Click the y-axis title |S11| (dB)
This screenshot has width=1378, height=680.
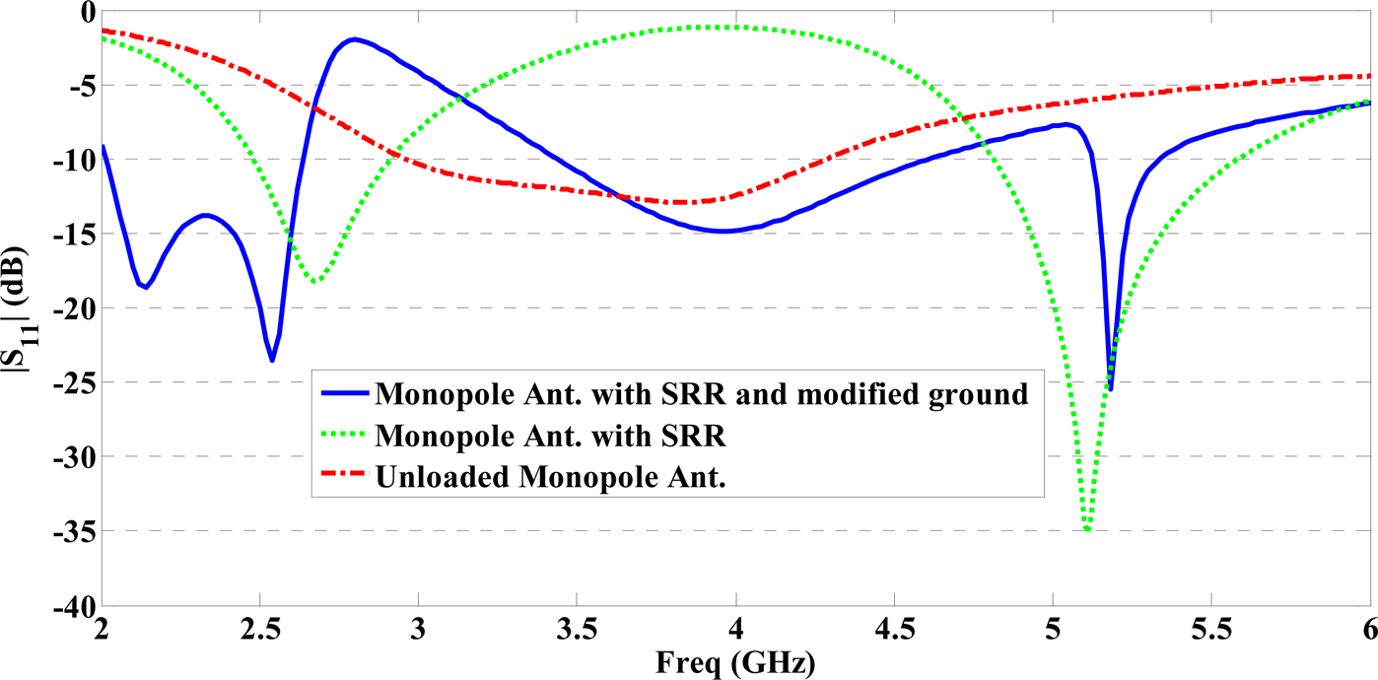[22, 306]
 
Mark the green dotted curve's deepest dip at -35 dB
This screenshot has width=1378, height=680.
[1087, 530]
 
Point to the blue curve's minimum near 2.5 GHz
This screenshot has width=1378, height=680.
[272, 361]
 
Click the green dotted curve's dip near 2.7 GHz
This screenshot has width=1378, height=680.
[315, 282]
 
